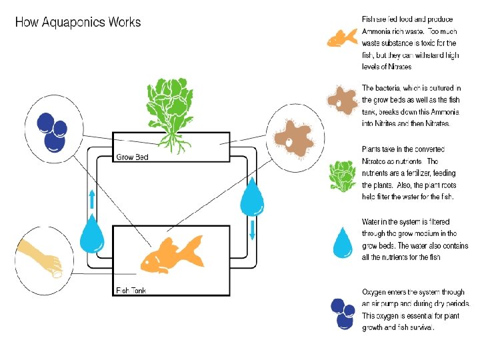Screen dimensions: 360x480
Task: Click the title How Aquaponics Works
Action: (x=78, y=22)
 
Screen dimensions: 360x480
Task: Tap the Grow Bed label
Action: (x=132, y=157)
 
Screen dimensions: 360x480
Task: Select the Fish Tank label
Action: (x=132, y=290)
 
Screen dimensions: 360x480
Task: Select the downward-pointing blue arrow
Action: (x=253, y=230)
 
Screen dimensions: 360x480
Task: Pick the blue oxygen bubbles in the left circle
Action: (x=52, y=130)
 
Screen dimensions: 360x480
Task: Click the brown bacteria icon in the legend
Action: (x=344, y=101)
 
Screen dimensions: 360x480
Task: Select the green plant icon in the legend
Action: (x=343, y=175)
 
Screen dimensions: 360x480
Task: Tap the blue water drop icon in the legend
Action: (x=343, y=242)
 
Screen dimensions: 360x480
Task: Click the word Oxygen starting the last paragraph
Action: (x=376, y=292)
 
